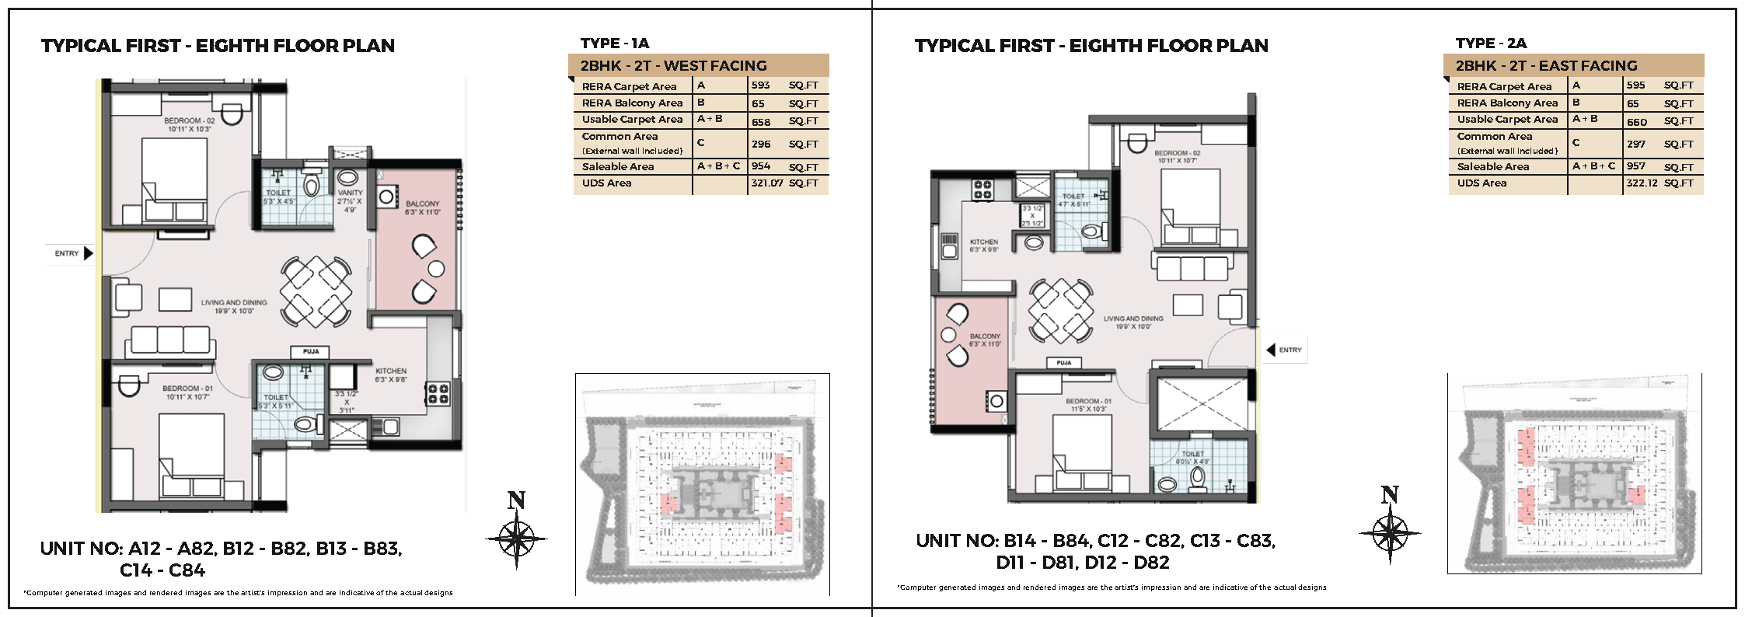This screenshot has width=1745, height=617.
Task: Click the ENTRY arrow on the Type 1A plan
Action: [x=88, y=253]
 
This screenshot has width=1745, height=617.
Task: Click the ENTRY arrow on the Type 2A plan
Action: [x=1271, y=350]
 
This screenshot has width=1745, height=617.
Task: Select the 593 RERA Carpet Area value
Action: [x=760, y=85]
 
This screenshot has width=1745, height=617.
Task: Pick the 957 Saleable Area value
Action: [x=1635, y=166]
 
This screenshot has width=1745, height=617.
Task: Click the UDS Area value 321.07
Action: [x=766, y=183]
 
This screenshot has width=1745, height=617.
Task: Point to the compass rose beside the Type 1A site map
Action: [x=516, y=538]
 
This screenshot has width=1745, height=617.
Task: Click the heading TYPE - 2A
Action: [x=1490, y=44]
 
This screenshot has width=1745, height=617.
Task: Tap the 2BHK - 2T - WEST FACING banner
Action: [x=673, y=66]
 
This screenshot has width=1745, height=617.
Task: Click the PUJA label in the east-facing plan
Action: [x=1063, y=363]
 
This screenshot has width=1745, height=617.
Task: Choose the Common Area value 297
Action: [x=1635, y=144]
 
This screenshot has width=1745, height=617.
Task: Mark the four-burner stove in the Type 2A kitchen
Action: [x=982, y=190]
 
